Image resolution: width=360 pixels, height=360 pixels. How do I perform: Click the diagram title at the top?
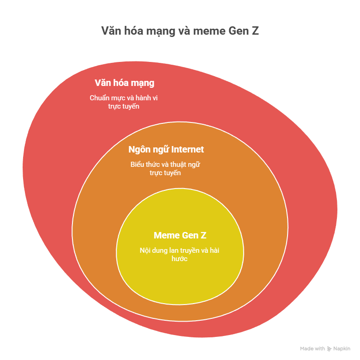(180, 31)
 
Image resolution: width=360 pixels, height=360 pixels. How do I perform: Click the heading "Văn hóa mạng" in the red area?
(125, 83)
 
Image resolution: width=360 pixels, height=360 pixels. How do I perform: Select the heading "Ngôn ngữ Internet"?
(166, 150)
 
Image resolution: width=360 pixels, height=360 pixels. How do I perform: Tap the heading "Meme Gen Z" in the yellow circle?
(180, 235)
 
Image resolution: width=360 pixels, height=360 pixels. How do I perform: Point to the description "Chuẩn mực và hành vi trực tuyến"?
(124, 102)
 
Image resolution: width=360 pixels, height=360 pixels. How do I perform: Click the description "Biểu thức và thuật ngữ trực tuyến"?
(165, 169)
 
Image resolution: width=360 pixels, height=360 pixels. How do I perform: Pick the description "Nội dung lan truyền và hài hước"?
(180, 255)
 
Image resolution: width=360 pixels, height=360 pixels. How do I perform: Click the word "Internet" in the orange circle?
(187, 149)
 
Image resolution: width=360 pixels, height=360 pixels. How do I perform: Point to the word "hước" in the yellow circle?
(180, 259)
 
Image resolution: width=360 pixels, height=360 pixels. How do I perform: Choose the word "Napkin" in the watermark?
(342, 348)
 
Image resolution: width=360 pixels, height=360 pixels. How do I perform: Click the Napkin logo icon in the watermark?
(329, 349)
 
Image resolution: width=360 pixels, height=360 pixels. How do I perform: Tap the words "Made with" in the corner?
(312, 348)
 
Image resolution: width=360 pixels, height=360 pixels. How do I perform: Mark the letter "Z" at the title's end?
(255, 31)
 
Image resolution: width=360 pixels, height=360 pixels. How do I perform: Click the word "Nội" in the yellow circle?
(145, 250)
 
